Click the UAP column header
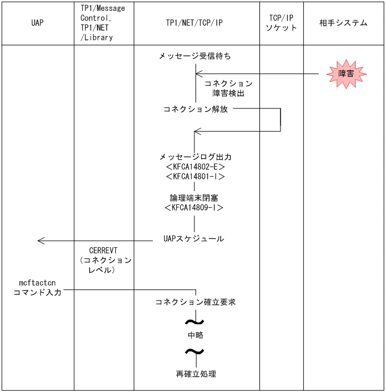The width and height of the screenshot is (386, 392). pos(38,23)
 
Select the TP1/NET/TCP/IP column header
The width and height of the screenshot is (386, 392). pos(196,23)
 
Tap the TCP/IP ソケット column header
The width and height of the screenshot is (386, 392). pos(281,23)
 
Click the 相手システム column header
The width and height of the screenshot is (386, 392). pos(344,23)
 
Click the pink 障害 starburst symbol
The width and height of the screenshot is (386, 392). pos(346,74)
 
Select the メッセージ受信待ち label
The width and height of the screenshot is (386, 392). pos(196,56)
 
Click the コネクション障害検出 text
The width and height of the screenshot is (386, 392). pos(228,88)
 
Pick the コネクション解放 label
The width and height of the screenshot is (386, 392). pos(196,109)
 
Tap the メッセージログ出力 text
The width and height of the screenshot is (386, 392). pos(196,156)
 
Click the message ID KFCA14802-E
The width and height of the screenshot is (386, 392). pos(196,167)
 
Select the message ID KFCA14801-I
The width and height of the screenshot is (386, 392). pos(196,176)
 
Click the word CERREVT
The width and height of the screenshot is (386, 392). pos(103,250)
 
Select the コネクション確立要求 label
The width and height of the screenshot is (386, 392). pos(196,302)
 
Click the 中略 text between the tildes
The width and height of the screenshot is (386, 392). pos(196,335)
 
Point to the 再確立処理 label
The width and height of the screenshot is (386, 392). pos(196,375)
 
